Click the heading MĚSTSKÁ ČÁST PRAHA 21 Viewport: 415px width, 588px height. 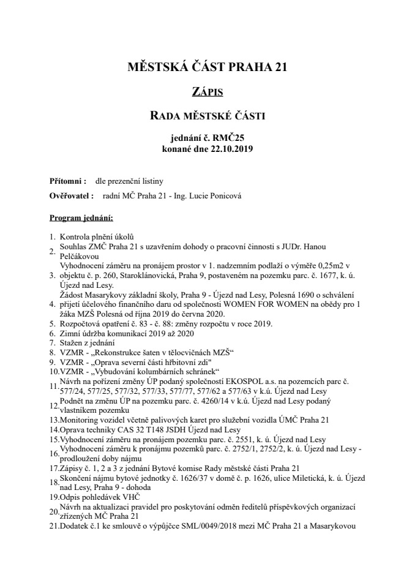pos(207,67)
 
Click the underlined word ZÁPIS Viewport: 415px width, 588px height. pos(207,92)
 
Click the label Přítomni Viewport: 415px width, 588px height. pos(67,181)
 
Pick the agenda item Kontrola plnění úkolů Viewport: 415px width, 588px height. pos(96,236)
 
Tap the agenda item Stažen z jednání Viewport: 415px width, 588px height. pos(86,342)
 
